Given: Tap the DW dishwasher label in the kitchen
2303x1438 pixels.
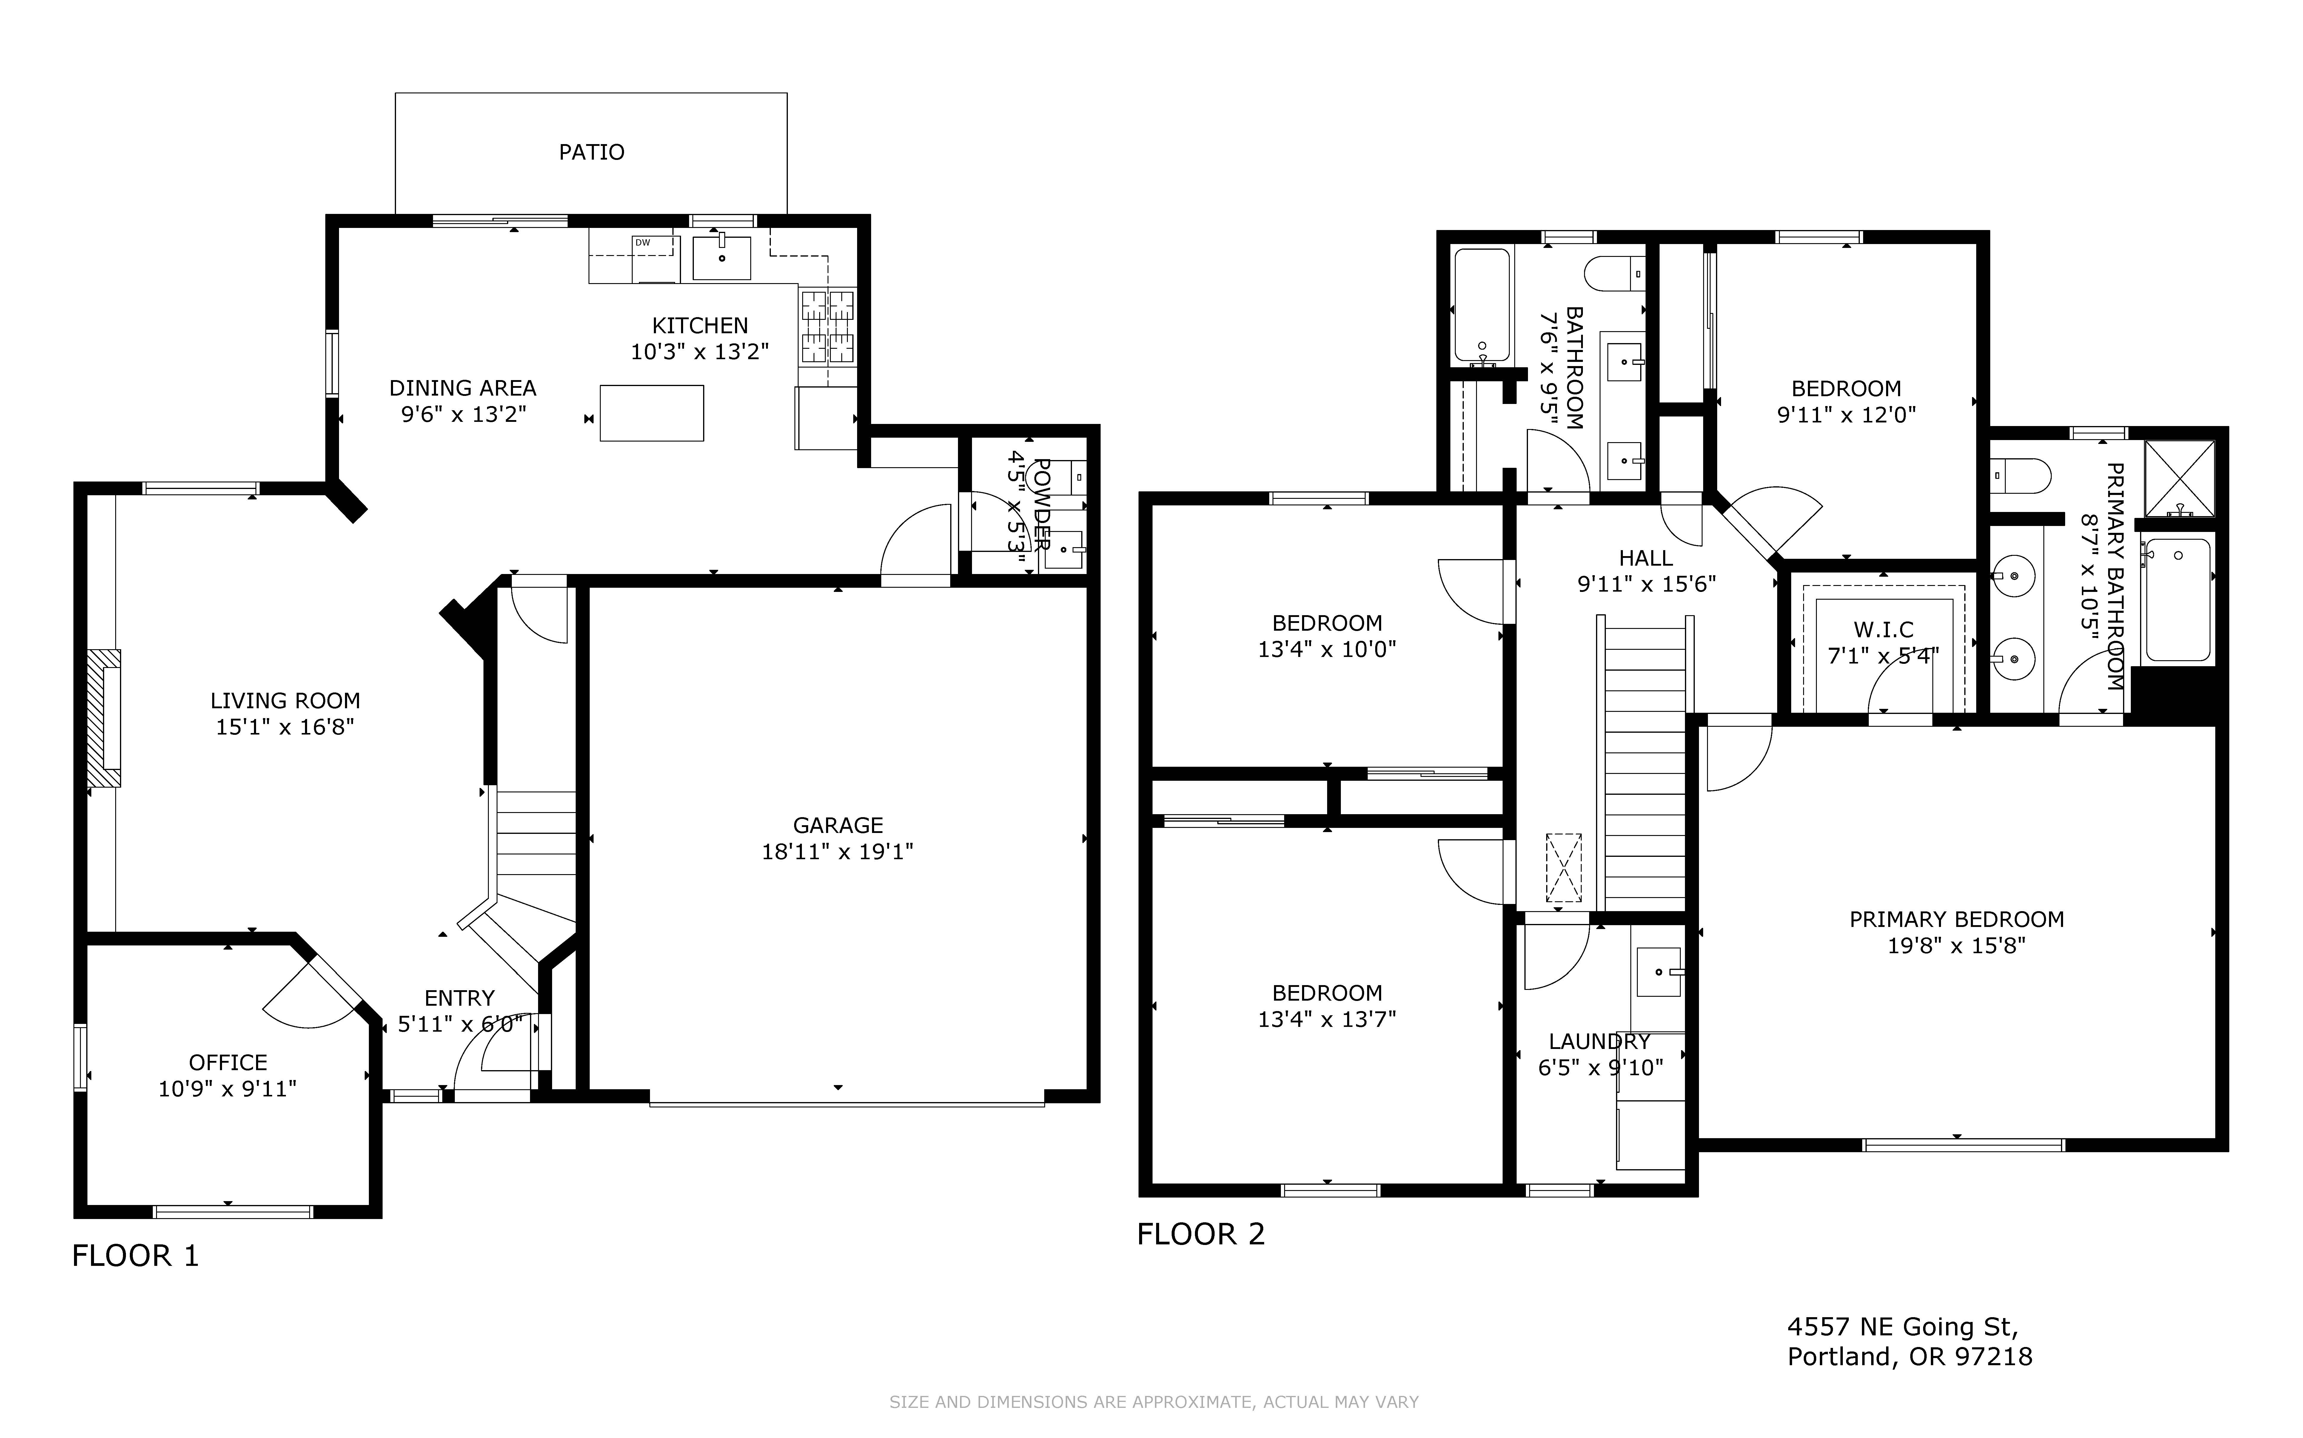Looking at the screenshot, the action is point(643,243).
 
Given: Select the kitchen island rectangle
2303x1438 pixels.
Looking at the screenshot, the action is point(651,413).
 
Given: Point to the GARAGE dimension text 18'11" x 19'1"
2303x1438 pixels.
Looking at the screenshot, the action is point(837,851).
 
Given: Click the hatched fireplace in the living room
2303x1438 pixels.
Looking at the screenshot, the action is point(105,718).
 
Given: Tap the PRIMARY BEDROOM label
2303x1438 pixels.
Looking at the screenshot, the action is point(1957,920).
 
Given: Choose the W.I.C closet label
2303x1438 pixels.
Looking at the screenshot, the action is point(1883,629).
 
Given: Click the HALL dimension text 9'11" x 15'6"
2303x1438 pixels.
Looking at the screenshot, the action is point(1646,584).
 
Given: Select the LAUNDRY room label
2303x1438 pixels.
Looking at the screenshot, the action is point(1599,1042).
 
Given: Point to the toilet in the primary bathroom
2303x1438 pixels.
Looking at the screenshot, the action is point(2019,476).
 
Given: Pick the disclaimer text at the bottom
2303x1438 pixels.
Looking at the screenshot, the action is point(1154,1402).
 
